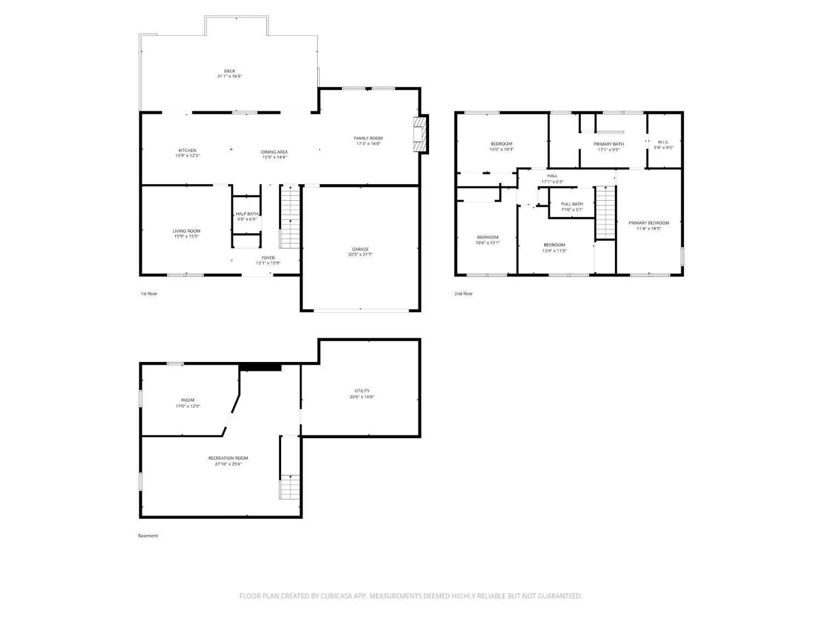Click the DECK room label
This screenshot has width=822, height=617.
tap(230, 71)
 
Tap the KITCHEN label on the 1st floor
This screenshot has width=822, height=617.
tap(187, 150)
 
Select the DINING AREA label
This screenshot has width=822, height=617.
tap(274, 152)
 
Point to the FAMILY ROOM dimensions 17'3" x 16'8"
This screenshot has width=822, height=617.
tap(368, 144)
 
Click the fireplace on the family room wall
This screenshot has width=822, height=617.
tap(420, 134)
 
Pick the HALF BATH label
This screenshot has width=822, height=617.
tap(247, 214)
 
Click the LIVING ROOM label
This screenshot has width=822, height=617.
tap(186, 231)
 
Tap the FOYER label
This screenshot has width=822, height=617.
tap(268, 258)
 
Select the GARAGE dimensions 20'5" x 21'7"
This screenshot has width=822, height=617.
tap(360, 254)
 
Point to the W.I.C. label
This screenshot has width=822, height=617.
tap(663, 141)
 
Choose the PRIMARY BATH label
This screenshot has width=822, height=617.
tap(608, 144)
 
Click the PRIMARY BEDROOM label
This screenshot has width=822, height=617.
tap(648, 223)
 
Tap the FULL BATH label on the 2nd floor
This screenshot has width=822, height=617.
tap(572, 204)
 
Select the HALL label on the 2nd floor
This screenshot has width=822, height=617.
tap(552, 176)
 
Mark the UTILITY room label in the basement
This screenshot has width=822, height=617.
tap(362, 390)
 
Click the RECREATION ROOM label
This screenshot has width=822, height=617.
tap(228, 458)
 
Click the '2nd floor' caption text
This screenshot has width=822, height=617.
tap(463, 293)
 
